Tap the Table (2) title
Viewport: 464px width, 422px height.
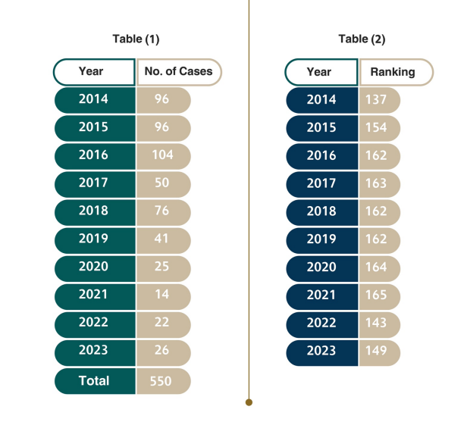pos(362,39)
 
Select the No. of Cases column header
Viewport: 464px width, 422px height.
pos(179,72)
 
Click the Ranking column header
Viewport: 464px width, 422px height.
pos(393,72)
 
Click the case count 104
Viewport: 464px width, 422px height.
pos(162,155)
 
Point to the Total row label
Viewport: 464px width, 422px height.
pos(94,380)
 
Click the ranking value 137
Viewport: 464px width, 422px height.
pos(377,100)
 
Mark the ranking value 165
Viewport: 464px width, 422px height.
pos(377,295)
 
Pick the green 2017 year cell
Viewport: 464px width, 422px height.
pos(94,183)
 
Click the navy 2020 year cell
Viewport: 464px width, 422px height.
pos(321,267)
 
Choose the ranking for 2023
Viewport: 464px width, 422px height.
pos(377,351)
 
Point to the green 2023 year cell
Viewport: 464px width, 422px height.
pos(94,351)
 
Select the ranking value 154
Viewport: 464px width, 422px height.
pos(377,128)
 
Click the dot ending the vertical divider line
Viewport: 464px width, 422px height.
pos(249,402)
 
